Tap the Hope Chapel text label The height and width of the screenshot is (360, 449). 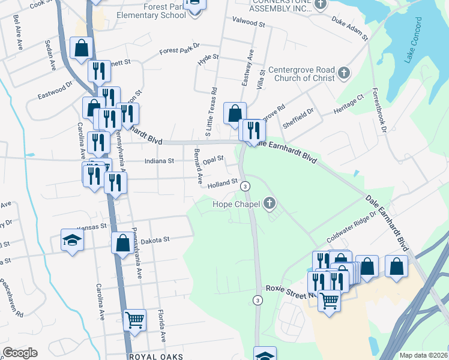(237, 205)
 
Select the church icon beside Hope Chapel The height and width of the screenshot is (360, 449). (269, 205)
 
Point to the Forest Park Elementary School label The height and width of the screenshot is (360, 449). (152, 11)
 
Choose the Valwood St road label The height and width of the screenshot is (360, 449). (249, 24)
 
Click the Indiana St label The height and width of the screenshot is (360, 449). (159, 161)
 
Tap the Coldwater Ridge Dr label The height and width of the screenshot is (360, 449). (352, 227)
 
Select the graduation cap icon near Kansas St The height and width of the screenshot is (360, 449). (72, 241)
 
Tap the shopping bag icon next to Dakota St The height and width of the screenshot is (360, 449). (122, 243)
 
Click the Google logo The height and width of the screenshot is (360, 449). (20, 353)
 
